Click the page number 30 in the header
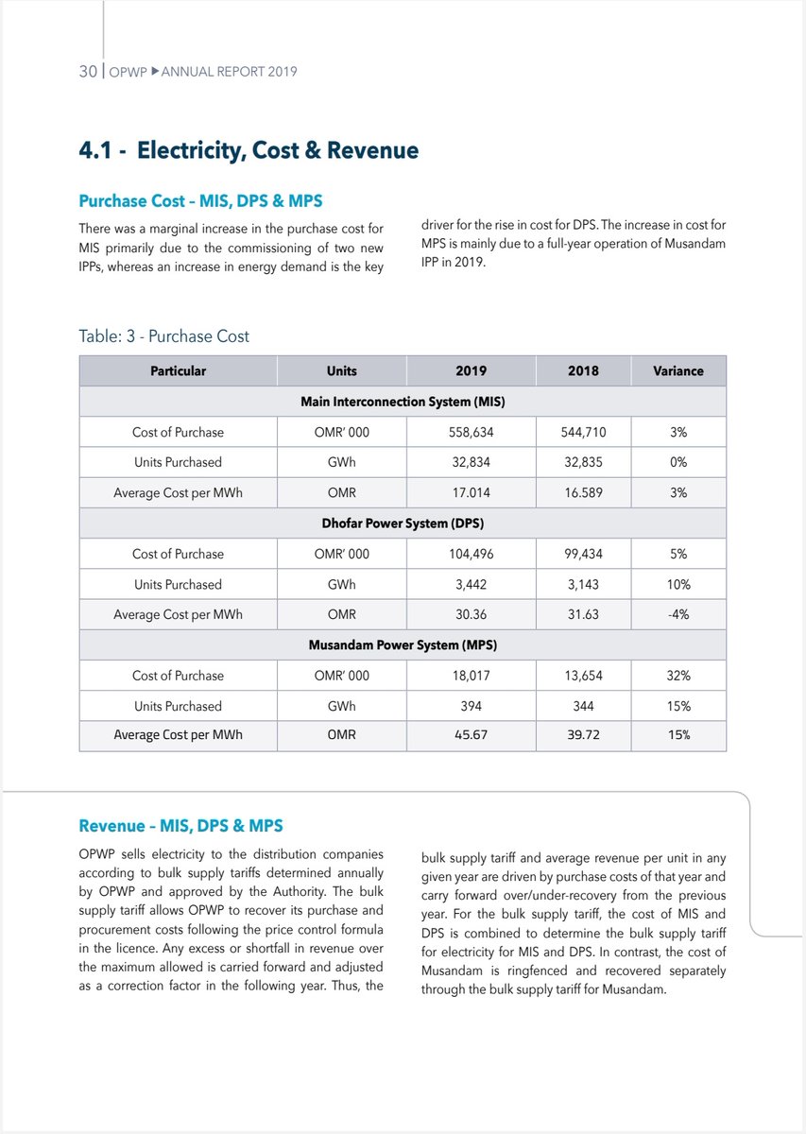tap(88, 71)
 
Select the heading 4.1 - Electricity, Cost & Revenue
tap(249, 150)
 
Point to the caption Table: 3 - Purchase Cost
tap(163, 336)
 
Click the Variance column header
tap(677, 371)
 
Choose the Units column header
tap(341, 371)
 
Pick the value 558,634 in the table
tap(471, 432)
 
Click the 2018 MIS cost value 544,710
tap(583, 432)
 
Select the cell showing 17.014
tap(471, 492)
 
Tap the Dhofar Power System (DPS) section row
tap(403, 524)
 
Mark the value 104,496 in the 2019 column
tap(471, 554)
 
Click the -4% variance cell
tap(677, 614)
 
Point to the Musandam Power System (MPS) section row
tap(403, 645)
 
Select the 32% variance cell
tap(677, 676)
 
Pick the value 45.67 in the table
tap(471, 734)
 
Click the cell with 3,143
tap(583, 584)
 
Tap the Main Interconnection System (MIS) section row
tap(403, 402)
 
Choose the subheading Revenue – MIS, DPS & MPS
tap(180, 826)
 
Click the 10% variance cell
tap(677, 584)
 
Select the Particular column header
tap(178, 371)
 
